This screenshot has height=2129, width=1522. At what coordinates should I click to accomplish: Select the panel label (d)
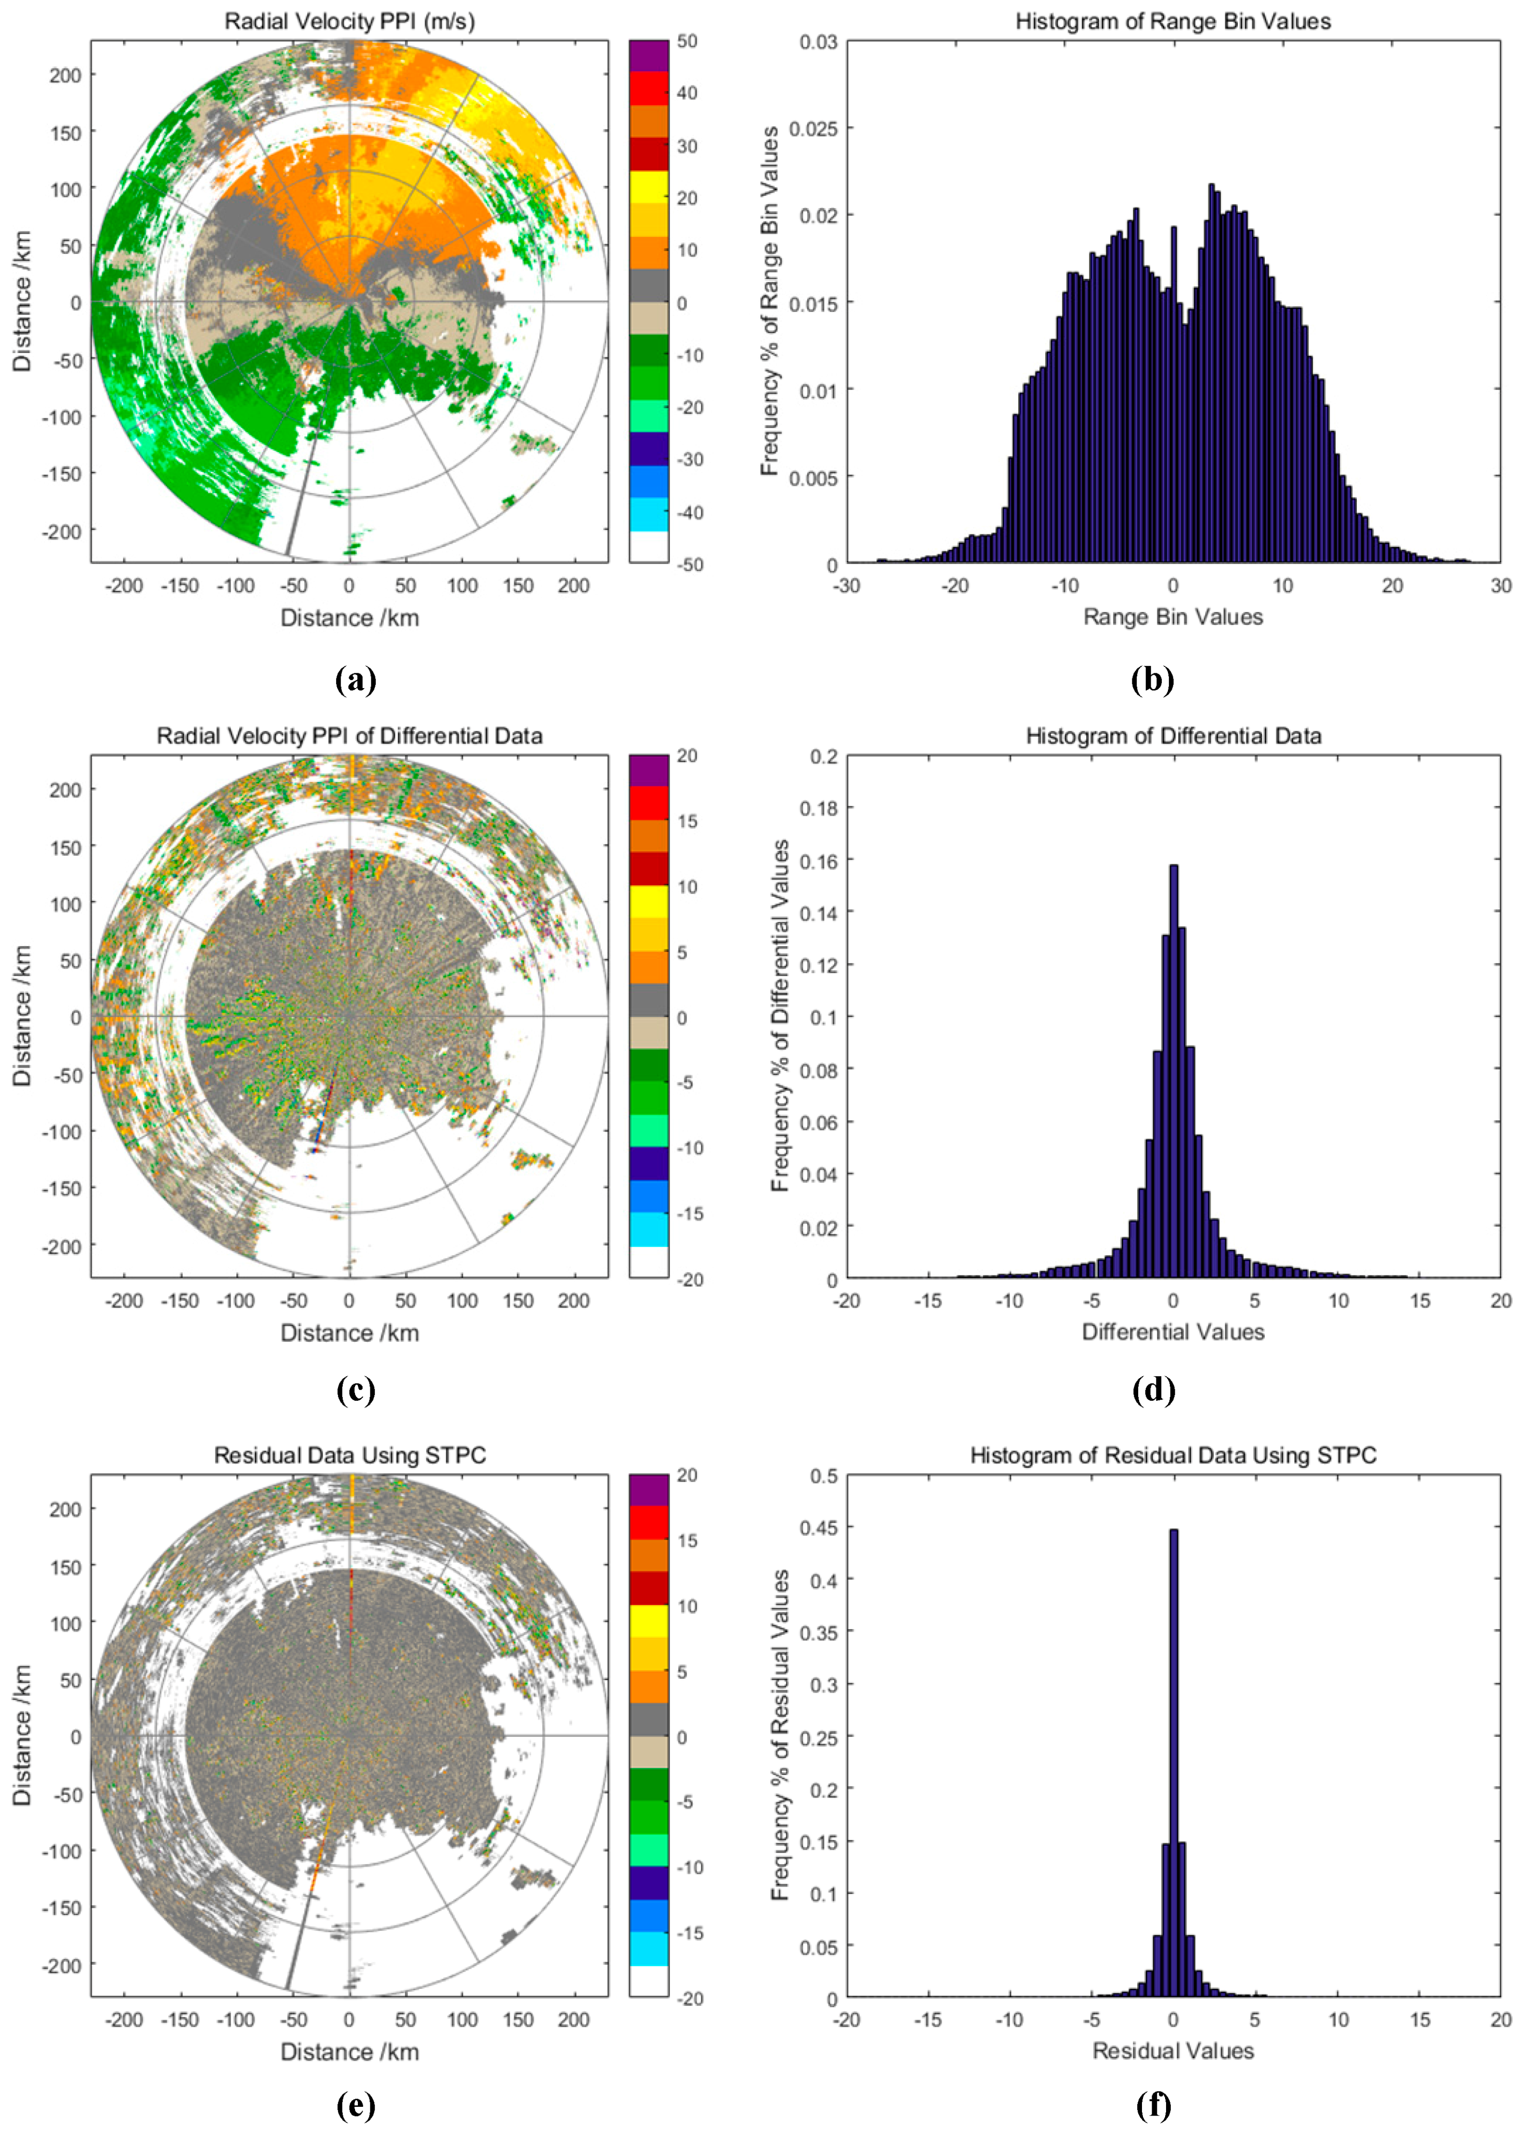click(x=1153, y=1391)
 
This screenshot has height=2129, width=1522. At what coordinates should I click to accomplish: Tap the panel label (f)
click(x=1153, y=2105)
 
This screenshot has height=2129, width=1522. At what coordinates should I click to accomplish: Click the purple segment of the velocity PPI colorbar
click(x=649, y=55)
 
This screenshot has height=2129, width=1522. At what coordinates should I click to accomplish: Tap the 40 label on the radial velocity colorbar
click(x=687, y=93)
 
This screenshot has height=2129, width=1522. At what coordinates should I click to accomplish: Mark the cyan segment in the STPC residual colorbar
click(x=649, y=1948)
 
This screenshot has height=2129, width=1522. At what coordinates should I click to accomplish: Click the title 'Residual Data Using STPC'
click(x=350, y=1455)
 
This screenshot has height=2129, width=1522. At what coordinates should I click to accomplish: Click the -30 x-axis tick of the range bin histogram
click(x=846, y=586)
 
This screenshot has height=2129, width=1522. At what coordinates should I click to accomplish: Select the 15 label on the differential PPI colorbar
click(x=687, y=822)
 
